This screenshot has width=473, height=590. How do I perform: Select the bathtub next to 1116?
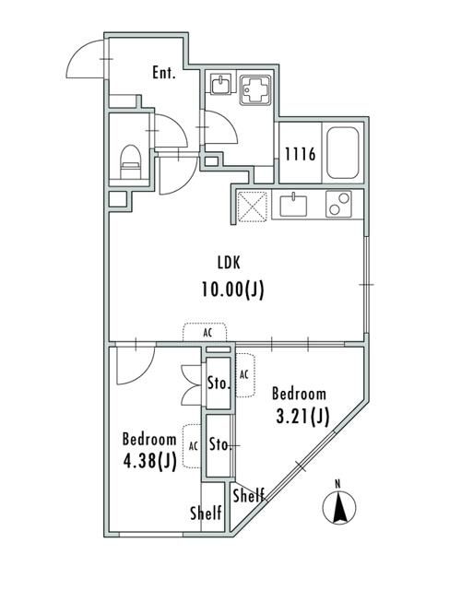coord(344,154)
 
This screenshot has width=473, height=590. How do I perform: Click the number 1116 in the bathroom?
coord(300,155)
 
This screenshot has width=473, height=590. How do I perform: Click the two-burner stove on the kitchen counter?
coord(339,204)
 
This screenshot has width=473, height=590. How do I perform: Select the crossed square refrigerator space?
coord(253,204)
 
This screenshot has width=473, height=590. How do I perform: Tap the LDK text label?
coord(231,261)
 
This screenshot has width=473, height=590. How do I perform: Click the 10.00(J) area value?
coord(232,289)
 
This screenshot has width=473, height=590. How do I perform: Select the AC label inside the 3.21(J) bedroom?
coord(244,375)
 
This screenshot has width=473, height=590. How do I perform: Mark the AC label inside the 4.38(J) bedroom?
coord(194,445)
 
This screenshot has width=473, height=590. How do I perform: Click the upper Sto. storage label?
coord(219,383)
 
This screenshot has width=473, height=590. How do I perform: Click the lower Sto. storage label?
coord(219,445)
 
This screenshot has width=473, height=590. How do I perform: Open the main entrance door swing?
coord(88,60)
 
